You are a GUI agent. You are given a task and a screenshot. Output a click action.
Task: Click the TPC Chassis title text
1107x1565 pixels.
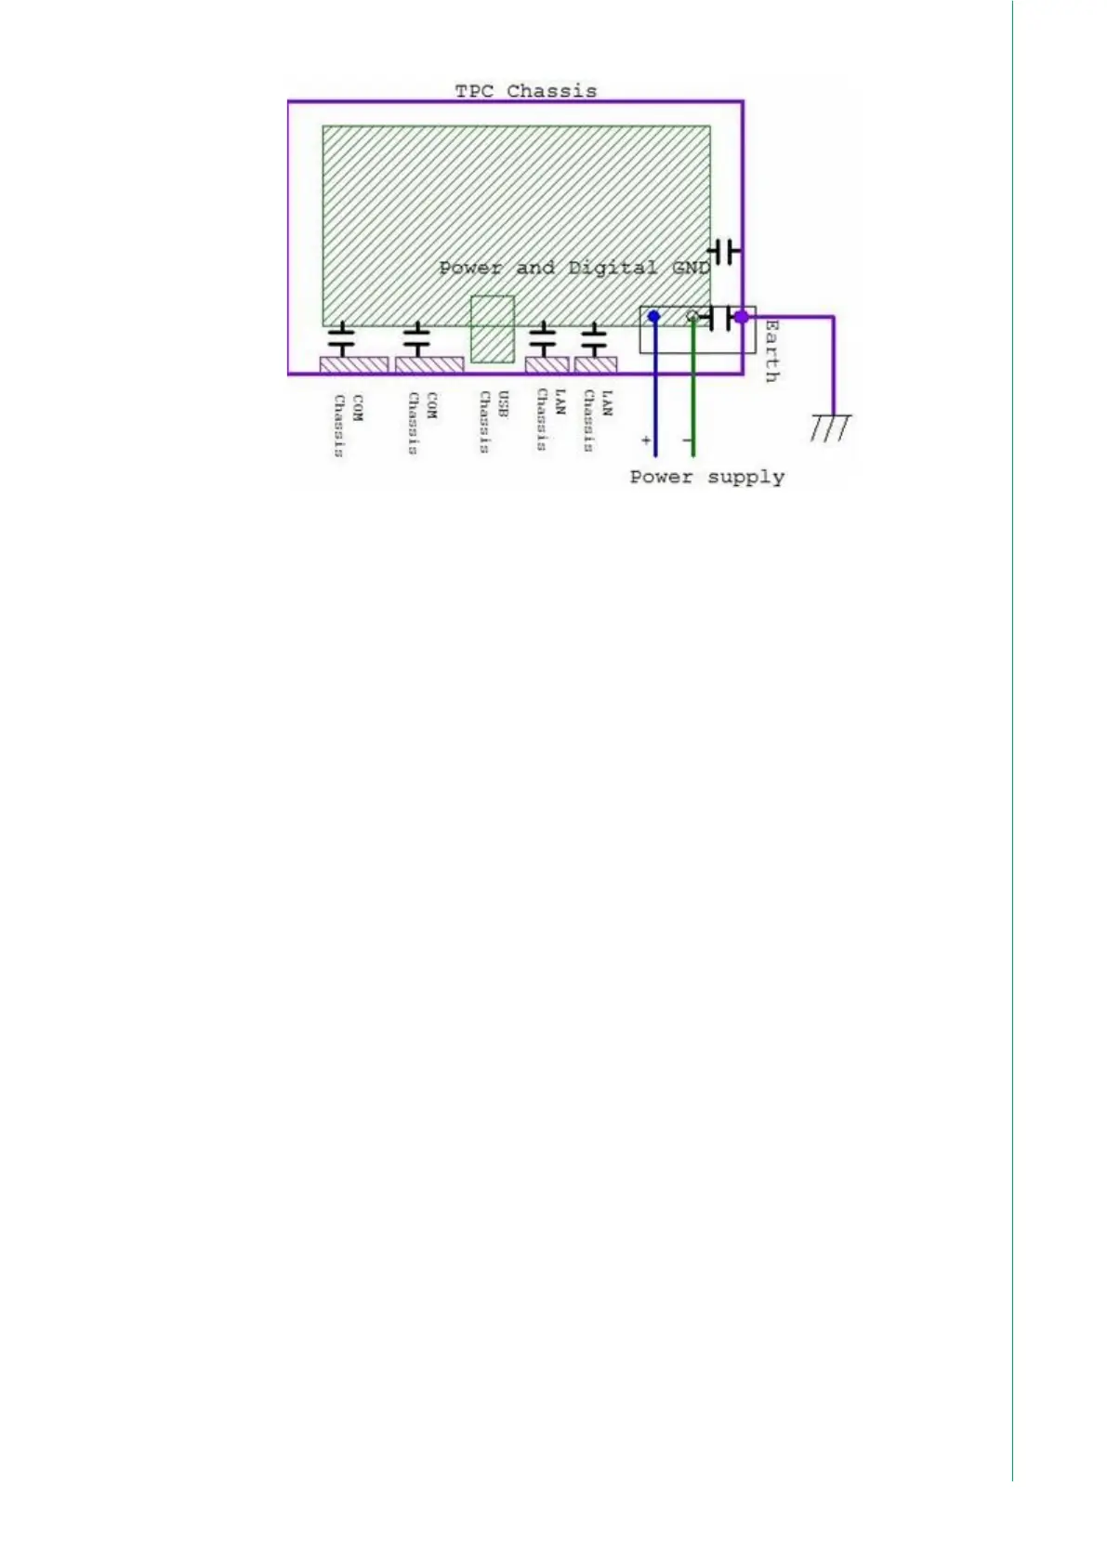click(525, 91)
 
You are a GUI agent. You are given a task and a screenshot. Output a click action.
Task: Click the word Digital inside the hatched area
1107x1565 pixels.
click(612, 269)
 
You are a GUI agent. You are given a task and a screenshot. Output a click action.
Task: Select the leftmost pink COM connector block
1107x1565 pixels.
click(353, 364)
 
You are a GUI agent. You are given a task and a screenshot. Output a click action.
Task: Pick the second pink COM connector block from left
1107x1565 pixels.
click(429, 364)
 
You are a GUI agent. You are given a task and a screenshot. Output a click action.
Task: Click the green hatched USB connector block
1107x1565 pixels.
click(493, 329)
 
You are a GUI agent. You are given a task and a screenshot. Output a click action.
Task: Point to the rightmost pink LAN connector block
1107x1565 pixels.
click(596, 364)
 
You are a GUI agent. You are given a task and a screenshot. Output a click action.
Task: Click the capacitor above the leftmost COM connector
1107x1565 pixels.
click(343, 339)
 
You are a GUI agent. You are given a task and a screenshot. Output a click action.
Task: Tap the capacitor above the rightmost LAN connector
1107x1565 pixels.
click(594, 339)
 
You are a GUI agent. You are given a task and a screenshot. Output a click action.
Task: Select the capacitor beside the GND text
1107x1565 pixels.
click(724, 251)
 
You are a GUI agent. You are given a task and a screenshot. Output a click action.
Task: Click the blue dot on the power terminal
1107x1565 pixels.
click(654, 317)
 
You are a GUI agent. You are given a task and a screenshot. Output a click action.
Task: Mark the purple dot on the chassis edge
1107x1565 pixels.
click(741, 317)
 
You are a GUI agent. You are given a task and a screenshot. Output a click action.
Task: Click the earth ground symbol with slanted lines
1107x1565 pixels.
click(830, 427)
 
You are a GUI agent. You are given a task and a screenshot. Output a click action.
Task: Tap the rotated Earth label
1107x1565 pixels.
click(771, 350)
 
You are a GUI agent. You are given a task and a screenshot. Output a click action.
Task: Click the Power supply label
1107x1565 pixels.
click(706, 477)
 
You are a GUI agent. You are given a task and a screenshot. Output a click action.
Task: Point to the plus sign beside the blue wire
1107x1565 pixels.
click(646, 440)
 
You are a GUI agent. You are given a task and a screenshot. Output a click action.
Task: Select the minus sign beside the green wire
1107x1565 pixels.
click(687, 440)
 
